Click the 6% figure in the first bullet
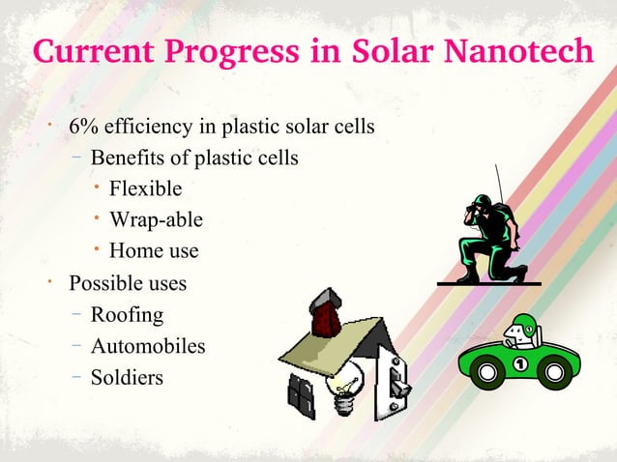coord(81,128)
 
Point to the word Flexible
coord(145,188)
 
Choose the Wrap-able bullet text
coord(156,219)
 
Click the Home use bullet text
coord(154,250)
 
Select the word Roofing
coord(127,314)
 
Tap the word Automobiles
coord(148,345)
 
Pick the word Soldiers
coord(127,376)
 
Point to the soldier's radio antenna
coord(501,188)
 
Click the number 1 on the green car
coord(522,364)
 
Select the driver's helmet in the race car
coord(523,324)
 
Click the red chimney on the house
coord(321,311)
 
